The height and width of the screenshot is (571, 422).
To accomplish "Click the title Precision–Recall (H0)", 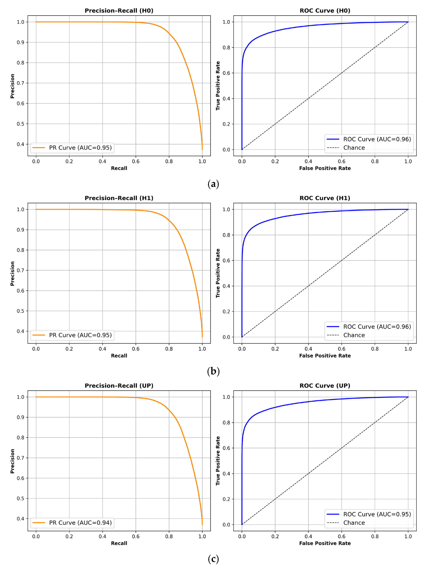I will coord(119,11).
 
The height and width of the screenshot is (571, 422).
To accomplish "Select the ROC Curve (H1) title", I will coord(325,198).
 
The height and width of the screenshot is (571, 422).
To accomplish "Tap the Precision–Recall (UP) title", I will coord(119,386).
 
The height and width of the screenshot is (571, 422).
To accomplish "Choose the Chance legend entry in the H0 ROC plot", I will coord(354,148).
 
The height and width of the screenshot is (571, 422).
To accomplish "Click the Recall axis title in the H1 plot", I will coord(119,356).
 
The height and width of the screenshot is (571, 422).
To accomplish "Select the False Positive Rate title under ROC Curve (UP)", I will coord(325,543).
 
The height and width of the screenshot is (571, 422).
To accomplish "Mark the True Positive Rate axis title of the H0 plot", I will coord(218,86).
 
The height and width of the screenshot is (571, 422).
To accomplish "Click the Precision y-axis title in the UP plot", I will coord(12,461).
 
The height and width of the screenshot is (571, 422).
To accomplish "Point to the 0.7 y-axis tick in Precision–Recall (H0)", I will coord(21,83).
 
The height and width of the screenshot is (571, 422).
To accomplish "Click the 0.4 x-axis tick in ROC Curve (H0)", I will coord(308,161).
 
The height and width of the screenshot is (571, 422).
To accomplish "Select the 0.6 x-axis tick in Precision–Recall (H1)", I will coord(136,349).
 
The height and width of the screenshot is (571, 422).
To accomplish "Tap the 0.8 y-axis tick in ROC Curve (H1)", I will coord(226,235).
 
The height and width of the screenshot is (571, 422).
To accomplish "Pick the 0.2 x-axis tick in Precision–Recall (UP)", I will coord(69,537).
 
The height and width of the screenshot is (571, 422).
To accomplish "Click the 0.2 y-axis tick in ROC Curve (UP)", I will coord(226,499).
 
